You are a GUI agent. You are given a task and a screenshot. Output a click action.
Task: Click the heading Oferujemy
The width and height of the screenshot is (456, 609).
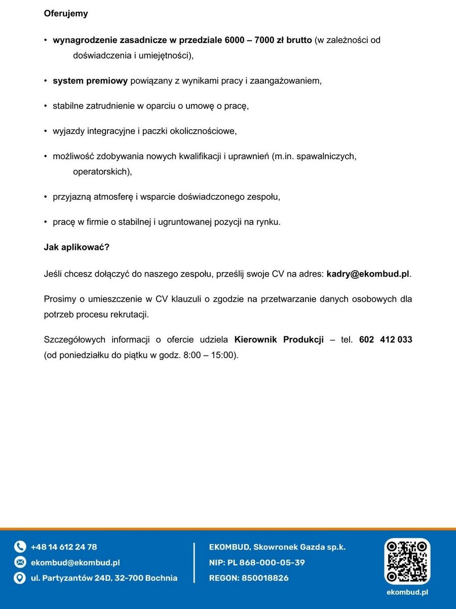pyautogui.click(x=66, y=14)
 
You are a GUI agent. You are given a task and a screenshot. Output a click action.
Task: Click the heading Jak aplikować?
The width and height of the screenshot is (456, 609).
pyautogui.click(x=77, y=248)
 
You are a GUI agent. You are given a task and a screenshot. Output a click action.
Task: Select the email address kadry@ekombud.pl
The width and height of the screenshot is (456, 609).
pyautogui.click(x=368, y=274)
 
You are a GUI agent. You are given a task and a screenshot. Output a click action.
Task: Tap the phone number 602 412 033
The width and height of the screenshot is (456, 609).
pyautogui.click(x=385, y=339)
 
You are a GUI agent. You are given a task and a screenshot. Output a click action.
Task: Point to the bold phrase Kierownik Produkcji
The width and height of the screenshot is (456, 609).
pyautogui.click(x=279, y=339)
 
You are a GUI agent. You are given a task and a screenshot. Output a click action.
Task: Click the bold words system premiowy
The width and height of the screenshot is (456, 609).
pyautogui.click(x=90, y=81)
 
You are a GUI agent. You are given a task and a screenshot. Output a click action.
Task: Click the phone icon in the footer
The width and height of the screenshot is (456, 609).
pyautogui.click(x=20, y=547)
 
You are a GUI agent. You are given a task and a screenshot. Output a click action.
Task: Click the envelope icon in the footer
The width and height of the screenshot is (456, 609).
pyautogui.click(x=20, y=562)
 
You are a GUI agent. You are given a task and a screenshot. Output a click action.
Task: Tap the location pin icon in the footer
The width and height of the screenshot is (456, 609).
pyautogui.click(x=20, y=578)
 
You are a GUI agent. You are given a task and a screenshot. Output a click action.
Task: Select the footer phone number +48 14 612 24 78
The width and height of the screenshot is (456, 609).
pyautogui.click(x=64, y=547)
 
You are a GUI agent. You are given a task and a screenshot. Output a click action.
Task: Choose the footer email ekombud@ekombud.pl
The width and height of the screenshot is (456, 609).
pyautogui.click(x=75, y=562)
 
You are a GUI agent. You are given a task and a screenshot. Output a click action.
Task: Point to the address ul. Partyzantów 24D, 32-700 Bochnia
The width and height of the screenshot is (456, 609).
pyautogui.click(x=104, y=578)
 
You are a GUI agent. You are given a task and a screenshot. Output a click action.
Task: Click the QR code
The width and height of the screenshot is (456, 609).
pyautogui.click(x=407, y=561)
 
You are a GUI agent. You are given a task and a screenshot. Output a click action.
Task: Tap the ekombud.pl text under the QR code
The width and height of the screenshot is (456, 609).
pyautogui.click(x=407, y=592)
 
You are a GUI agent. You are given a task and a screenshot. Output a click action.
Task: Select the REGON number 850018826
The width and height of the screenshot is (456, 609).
pyautogui.click(x=265, y=578)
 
